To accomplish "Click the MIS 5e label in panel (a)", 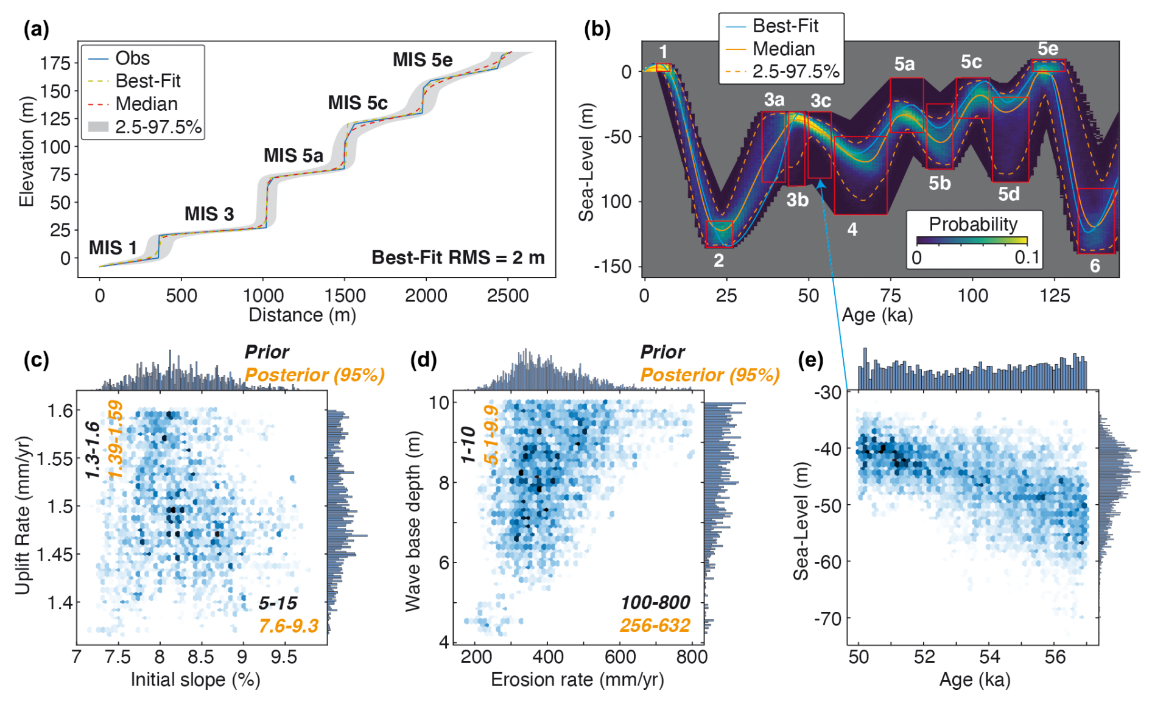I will click(x=422, y=60).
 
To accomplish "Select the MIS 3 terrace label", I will click(x=209, y=214).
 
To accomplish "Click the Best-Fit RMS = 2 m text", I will click(x=458, y=258).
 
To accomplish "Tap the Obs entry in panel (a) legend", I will click(x=132, y=58).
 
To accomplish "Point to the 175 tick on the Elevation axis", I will click(x=55, y=63).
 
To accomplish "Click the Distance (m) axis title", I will click(x=302, y=315).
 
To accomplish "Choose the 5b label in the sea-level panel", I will click(x=940, y=183).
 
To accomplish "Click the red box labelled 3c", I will click(x=819, y=145).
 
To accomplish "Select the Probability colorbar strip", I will click(x=972, y=240).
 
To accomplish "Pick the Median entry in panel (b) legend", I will click(x=783, y=49).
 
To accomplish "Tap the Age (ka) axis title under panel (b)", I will click(x=877, y=315).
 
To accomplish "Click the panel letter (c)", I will click(x=37, y=360).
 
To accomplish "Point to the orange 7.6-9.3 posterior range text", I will click(x=288, y=625).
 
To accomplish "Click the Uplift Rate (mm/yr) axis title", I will click(x=23, y=515).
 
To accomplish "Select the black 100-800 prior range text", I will click(x=655, y=603).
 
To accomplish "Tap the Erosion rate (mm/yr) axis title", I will click(x=577, y=679).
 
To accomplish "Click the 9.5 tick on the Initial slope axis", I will click(x=284, y=657).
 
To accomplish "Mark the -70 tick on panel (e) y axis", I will click(x=828, y=619).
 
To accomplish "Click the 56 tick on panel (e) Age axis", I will click(x=1055, y=657).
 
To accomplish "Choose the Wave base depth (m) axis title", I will click(x=413, y=521).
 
